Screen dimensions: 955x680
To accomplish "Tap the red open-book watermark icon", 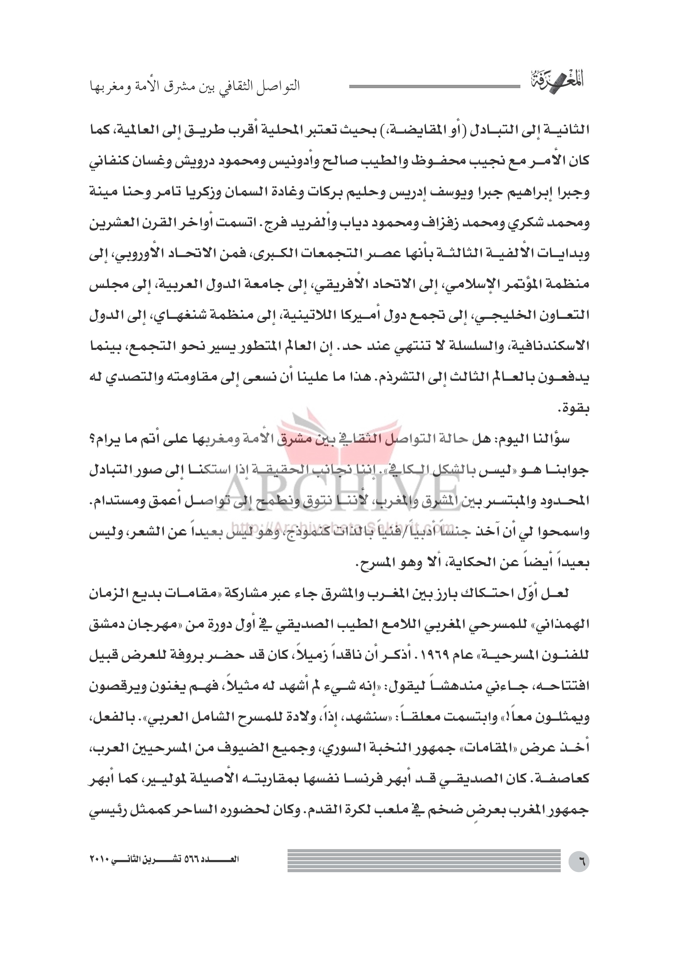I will tap(340, 431).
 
